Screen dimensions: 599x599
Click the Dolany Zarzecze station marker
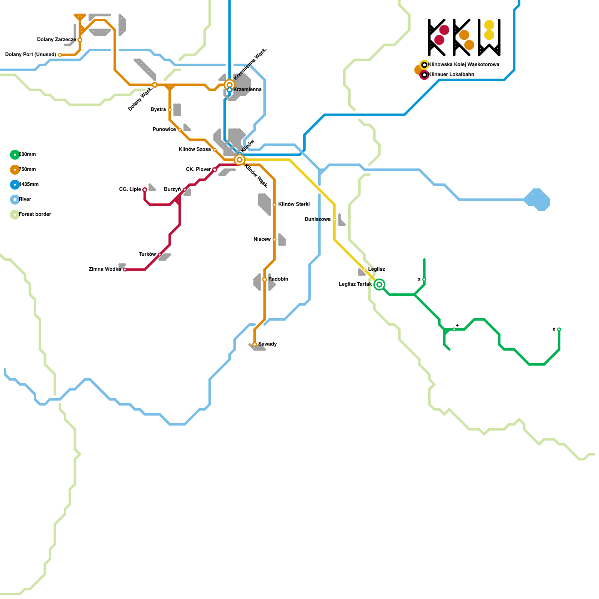click(80, 40)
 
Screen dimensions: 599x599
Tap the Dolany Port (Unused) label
click(30, 55)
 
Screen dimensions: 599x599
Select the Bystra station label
click(158, 110)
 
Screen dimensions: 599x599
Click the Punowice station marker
click(180, 130)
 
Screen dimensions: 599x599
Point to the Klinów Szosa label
click(195, 150)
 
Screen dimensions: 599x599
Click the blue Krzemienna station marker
click(229, 90)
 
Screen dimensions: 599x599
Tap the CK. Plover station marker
click(215, 170)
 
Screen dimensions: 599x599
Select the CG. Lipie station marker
click(145, 190)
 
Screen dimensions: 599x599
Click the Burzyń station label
click(172, 189)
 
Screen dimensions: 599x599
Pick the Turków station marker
click(160, 255)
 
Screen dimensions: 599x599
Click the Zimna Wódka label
click(105, 270)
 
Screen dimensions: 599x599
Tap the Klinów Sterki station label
click(294, 204)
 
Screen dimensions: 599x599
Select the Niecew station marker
click(274, 240)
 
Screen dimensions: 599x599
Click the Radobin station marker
click(265, 280)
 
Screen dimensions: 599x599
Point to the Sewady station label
click(268, 344)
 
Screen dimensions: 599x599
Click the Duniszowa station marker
click(334, 220)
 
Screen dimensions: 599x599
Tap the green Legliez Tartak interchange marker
click(379, 285)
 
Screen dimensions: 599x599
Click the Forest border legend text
click(35, 215)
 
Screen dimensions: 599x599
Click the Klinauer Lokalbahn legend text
click(451, 75)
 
